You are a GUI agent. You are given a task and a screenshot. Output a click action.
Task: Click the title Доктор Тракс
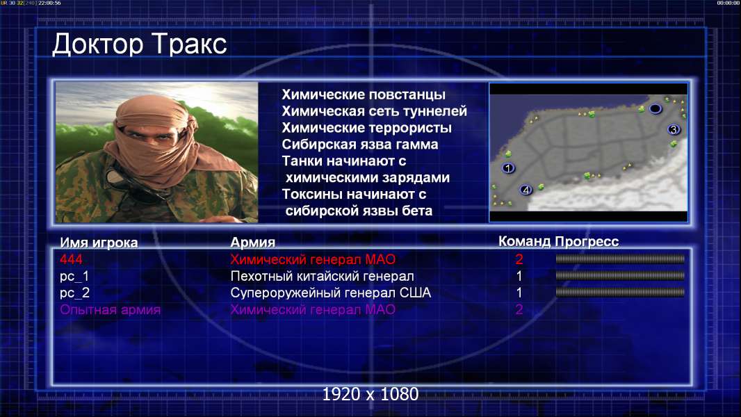[x=140, y=44]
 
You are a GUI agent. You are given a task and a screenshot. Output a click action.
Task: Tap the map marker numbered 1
[x=509, y=167]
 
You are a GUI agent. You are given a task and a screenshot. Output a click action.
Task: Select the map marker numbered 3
[x=674, y=129]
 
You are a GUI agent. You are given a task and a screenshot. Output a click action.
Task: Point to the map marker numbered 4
[x=526, y=190]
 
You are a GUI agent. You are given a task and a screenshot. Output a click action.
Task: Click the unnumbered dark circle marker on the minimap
[x=655, y=109]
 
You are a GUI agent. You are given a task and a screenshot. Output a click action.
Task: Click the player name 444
[x=71, y=259]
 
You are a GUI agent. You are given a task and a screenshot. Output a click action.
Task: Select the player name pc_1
[x=74, y=277]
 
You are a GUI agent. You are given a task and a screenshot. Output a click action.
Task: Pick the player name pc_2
[x=74, y=293]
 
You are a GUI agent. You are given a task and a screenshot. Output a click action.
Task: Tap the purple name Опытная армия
[x=110, y=310]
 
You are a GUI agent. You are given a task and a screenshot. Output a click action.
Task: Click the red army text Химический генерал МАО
[x=313, y=259]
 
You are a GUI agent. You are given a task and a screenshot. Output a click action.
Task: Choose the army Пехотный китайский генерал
[x=323, y=277]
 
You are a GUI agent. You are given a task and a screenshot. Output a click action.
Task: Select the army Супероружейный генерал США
[x=331, y=293]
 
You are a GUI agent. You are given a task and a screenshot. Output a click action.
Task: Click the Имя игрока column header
[x=99, y=243]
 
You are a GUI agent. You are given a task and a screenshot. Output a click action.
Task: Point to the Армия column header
[x=253, y=243]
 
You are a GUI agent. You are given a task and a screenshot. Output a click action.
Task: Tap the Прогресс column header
[x=587, y=242]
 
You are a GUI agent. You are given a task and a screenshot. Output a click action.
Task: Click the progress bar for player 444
[x=620, y=259]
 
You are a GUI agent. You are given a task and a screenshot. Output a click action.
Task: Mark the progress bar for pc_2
[x=620, y=293]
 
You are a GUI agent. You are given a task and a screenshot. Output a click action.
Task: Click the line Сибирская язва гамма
[x=360, y=145]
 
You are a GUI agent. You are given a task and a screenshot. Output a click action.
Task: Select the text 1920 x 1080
[x=370, y=394]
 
